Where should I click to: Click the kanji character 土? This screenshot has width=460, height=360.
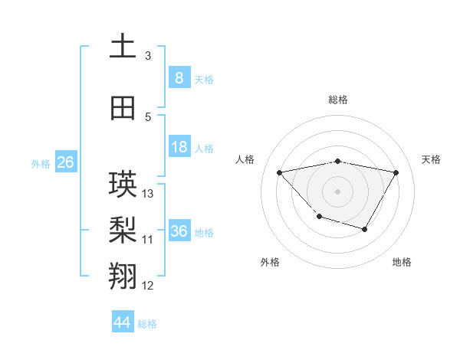click(123, 47)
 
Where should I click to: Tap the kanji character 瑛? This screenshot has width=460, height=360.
click(123, 185)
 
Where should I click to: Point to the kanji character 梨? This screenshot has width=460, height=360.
click(123, 231)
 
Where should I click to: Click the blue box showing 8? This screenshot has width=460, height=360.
click(179, 78)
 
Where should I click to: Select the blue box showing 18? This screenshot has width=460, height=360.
click(179, 147)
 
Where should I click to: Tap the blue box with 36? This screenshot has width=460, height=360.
click(179, 231)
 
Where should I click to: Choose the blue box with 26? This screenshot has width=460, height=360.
click(65, 162)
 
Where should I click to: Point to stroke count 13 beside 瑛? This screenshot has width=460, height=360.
click(148, 194)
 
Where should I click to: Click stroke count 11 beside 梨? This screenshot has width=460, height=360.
click(148, 240)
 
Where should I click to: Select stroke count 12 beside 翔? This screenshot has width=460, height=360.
click(148, 286)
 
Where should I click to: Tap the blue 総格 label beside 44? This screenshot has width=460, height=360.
click(147, 324)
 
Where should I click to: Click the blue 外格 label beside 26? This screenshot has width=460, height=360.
click(41, 164)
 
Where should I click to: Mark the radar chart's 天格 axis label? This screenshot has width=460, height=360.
click(431, 159)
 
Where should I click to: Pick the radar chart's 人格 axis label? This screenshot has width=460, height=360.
click(245, 159)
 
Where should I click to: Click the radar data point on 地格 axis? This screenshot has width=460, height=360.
click(365, 229)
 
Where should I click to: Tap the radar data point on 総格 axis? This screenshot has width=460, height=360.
click(337, 161)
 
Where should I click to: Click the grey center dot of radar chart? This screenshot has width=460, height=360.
click(337, 191)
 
